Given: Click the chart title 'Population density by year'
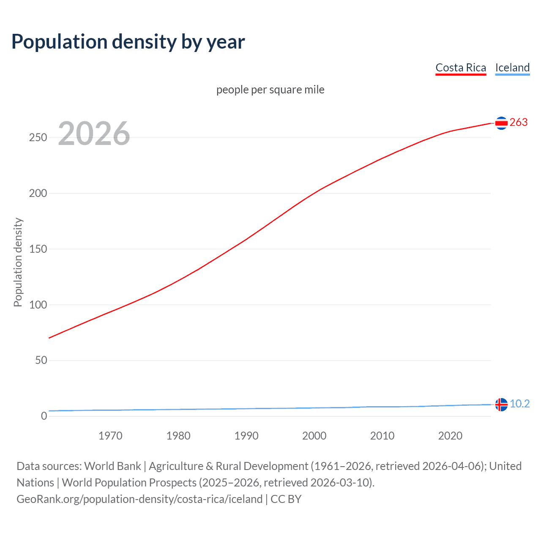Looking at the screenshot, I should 128,42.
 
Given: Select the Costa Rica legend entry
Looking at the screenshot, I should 461,68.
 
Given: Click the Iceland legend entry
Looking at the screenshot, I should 512,68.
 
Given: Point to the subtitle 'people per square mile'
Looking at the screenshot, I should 270,90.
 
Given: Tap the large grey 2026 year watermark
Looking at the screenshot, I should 94,134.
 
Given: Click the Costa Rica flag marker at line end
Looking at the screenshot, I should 501,123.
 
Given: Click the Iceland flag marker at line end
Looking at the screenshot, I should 501,404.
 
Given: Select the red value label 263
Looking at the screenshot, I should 519,123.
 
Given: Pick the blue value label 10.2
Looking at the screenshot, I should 519,404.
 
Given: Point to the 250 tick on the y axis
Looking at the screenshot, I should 38,138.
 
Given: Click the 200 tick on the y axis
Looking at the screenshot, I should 38,194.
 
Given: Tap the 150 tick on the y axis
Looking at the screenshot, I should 38,249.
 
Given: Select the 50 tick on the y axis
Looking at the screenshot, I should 41,361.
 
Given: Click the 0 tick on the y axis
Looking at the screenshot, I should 44,416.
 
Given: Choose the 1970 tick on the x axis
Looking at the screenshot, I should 110,436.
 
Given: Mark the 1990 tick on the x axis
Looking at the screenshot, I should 246,436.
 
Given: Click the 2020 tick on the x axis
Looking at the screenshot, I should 450,436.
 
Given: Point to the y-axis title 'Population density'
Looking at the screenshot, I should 18,262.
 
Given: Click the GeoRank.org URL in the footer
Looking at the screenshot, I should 139,499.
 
